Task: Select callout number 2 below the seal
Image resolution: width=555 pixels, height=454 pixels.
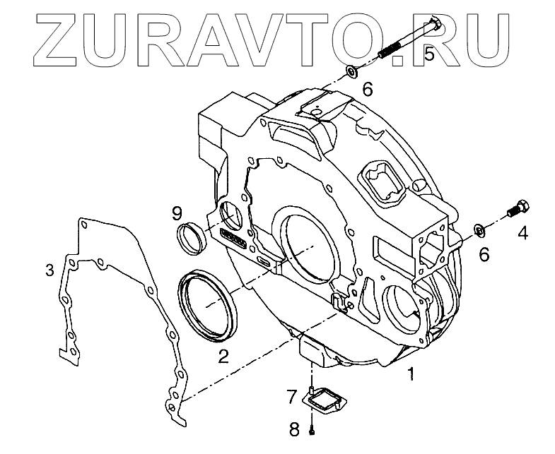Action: tap(223, 356)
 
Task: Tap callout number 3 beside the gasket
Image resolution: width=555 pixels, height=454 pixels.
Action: tap(49, 270)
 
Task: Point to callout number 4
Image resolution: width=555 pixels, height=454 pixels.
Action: tap(522, 231)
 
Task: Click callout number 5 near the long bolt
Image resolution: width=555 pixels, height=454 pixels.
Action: tap(428, 54)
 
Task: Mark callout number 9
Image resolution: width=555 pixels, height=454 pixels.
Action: tap(177, 212)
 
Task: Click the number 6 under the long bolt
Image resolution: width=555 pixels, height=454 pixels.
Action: tap(368, 90)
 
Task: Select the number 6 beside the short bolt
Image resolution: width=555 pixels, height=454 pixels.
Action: tap(484, 254)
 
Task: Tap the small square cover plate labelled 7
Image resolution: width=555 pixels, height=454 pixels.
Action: tap(327, 402)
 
